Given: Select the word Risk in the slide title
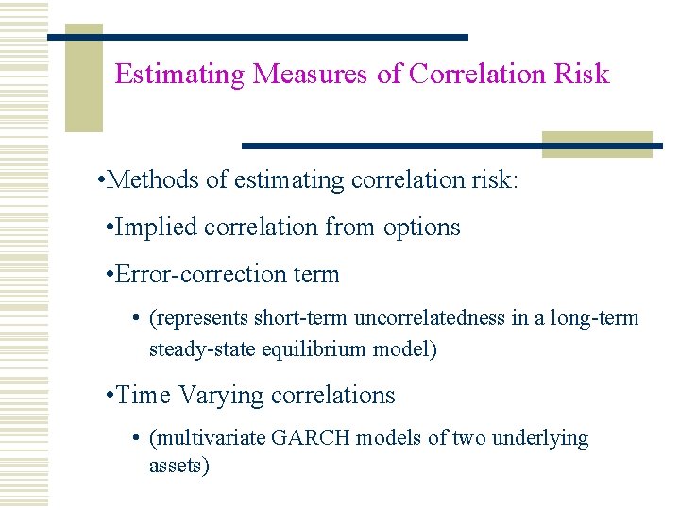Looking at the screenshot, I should coord(584,74).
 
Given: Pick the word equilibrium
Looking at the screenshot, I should coord(307,348).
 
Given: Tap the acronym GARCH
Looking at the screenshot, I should coord(306,438).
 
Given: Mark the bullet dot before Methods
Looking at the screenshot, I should coord(101,180).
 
